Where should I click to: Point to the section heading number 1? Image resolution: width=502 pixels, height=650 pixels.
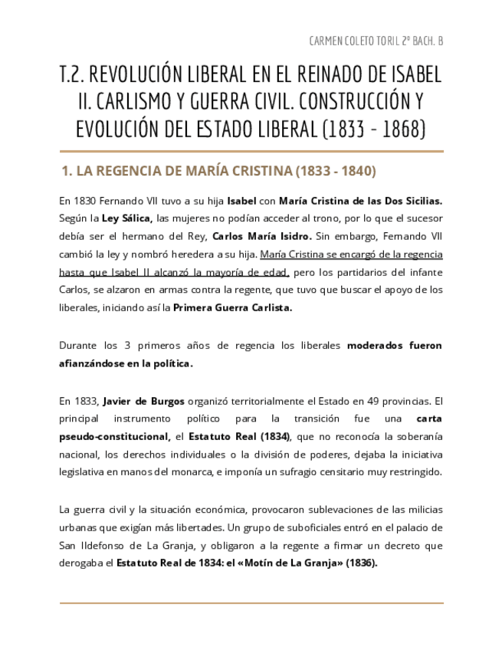coord(66,171)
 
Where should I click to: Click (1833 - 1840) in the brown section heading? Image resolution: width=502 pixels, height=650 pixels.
coord(335,171)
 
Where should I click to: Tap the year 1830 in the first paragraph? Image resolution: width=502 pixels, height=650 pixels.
coord(87,202)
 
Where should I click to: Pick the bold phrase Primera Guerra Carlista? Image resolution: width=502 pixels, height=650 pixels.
coord(233,307)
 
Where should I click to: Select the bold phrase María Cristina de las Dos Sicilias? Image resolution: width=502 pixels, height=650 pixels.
coord(360,202)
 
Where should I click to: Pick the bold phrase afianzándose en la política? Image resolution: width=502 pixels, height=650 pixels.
coord(126,363)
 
